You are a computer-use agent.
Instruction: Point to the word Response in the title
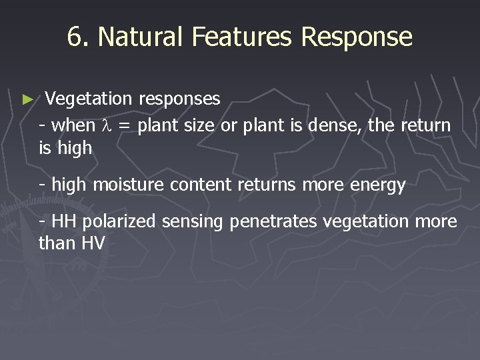pyautogui.click(x=357, y=38)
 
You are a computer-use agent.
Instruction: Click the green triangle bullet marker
pyautogui.click(x=27, y=99)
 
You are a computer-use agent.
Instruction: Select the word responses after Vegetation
pyautogui.click(x=179, y=100)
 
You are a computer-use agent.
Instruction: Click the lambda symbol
pyautogui.click(x=111, y=125)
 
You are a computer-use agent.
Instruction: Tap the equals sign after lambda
pyautogui.click(x=126, y=125)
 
